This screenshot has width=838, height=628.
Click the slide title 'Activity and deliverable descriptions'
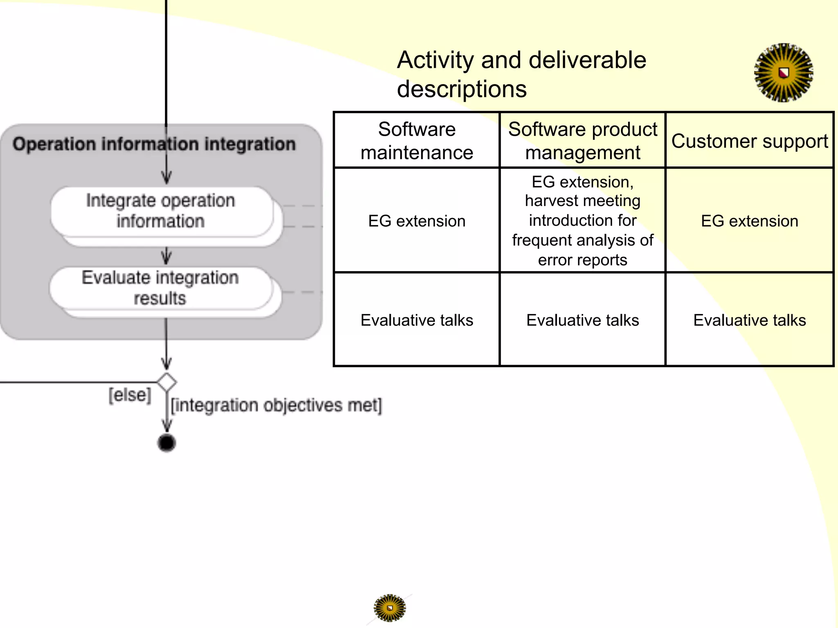click(x=521, y=74)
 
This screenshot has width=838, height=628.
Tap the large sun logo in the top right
click(x=783, y=73)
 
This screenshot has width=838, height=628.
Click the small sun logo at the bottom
click(x=390, y=608)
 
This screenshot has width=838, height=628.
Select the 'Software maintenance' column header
click(x=417, y=141)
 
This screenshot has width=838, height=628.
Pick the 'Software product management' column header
click(x=582, y=141)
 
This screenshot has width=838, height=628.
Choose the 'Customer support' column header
click(x=749, y=141)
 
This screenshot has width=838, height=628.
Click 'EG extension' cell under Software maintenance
click(x=417, y=221)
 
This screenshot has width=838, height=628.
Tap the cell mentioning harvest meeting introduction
click(x=582, y=220)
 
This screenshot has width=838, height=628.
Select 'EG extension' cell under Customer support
click(x=749, y=221)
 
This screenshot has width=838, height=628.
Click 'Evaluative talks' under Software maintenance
click(x=417, y=320)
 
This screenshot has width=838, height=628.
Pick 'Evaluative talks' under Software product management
click(x=582, y=320)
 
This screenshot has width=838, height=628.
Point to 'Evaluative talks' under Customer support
click(x=749, y=320)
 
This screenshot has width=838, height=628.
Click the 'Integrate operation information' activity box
click(x=161, y=211)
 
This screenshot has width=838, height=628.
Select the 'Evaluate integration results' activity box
click(x=160, y=288)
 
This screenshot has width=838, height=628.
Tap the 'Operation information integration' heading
click(x=154, y=144)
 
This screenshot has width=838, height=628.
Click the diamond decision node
click(x=167, y=383)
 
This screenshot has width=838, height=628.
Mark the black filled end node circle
click(x=167, y=443)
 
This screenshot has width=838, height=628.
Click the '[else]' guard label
click(x=130, y=395)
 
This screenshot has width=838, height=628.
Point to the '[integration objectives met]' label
click(x=276, y=405)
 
